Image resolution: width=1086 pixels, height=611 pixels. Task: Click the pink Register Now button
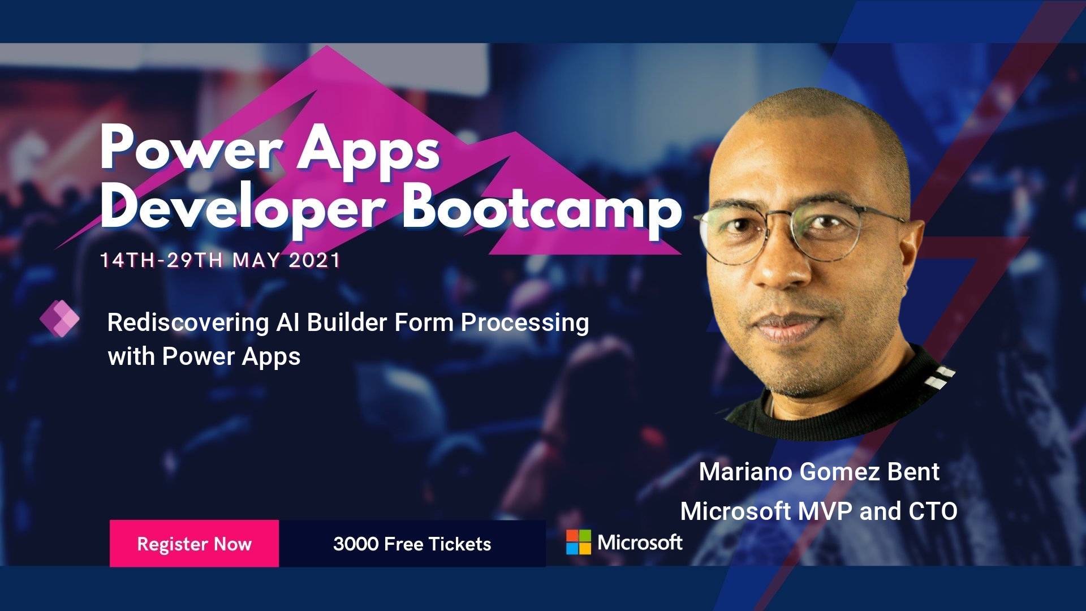click(x=194, y=543)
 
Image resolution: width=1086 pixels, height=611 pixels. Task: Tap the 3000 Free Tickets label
click(x=412, y=544)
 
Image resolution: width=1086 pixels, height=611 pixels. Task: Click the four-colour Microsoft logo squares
click(x=578, y=542)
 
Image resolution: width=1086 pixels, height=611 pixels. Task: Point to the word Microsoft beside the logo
click(x=640, y=543)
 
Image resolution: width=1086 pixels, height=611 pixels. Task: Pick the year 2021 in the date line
click(x=314, y=260)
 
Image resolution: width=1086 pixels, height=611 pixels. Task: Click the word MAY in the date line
click(x=256, y=260)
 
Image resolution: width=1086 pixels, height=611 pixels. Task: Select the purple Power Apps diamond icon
click(x=60, y=319)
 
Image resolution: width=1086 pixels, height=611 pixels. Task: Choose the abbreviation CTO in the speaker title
click(x=933, y=511)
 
